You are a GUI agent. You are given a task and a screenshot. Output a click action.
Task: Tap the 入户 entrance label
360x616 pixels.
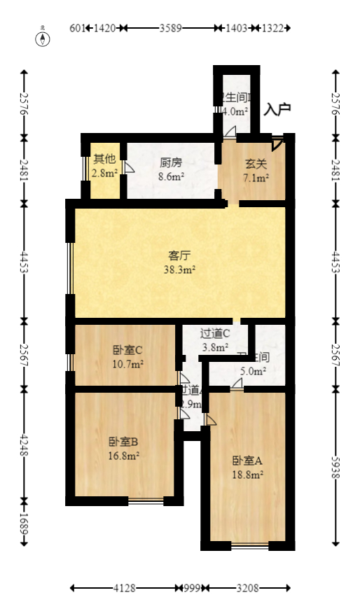277,110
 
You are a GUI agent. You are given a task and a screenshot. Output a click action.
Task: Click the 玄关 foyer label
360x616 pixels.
254,164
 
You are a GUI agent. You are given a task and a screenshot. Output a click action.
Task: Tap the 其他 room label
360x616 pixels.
104,158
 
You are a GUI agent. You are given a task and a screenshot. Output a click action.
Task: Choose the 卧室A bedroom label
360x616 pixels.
247,461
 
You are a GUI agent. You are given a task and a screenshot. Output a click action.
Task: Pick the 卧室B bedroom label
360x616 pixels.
123,442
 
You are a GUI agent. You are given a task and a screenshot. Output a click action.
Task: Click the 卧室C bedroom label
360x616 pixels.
127,351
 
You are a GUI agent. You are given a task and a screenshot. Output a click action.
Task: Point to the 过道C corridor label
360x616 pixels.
215,334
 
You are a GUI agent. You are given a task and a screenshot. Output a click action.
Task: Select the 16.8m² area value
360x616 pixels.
123,455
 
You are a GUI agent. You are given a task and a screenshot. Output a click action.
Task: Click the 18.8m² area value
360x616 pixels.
247,474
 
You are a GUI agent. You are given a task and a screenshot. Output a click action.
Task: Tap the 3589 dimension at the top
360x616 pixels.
171,29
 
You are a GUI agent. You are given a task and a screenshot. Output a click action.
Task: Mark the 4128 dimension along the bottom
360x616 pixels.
123,589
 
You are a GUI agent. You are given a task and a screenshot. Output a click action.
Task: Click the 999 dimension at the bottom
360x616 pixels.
191,589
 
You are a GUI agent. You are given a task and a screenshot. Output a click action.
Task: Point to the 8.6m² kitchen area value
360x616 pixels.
171,177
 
